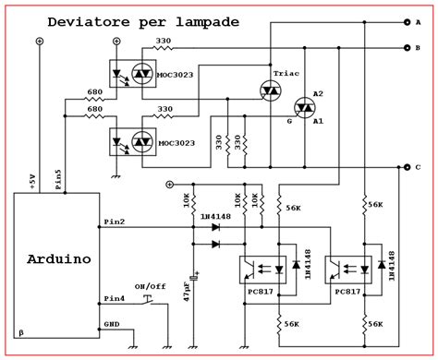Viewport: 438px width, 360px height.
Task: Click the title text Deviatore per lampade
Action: [144, 20]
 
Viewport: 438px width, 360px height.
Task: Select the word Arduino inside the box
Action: [58, 259]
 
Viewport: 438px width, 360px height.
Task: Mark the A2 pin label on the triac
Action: [318, 95]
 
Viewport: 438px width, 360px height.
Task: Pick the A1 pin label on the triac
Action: [318, 120]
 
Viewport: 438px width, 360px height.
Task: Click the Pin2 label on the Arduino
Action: [116, 222]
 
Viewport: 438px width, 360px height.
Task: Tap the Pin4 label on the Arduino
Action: [116, 298]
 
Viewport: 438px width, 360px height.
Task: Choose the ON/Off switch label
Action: [150, 286]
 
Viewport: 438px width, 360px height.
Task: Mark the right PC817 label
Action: [347, 292]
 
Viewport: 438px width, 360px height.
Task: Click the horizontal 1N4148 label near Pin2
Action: [215, 217]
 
